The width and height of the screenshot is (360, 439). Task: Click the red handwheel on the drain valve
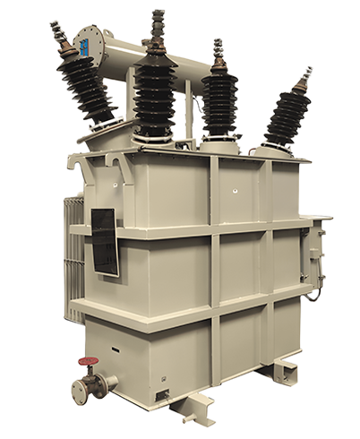88,365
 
